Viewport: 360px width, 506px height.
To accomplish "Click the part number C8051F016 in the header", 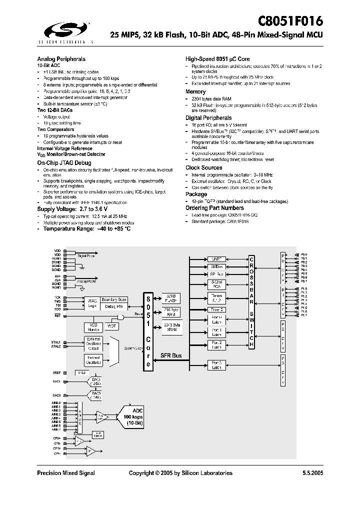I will pyautogui.click(x=290, y=21).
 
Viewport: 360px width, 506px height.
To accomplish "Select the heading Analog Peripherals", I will pyautogui.click(x=61, y=59).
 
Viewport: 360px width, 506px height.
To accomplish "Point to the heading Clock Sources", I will pyautogui.click(x=204, y=167).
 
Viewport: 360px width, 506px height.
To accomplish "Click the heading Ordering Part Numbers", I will pyautogui.click(x=215, y=207).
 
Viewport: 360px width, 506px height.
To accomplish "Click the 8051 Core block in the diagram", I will pyautogui.click(x=148, y=329).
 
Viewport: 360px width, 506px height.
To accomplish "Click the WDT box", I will pyautogui.click(x=111, y=326).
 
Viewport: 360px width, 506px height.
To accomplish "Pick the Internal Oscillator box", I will pyautogui.click(x=93, y=359).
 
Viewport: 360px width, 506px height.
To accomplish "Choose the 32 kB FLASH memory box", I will pyautogui.click(x=171, y=298).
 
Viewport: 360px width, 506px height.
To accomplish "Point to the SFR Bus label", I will pyautogui.click(x=171, y=356).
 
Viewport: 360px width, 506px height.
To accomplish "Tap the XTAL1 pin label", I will pyautogui.click(x=55, y=342).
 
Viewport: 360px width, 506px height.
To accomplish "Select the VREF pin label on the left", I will pyautogui.click(x=56, y=373).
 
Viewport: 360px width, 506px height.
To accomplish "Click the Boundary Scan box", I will pyautogui.click(x=114, y=299).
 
